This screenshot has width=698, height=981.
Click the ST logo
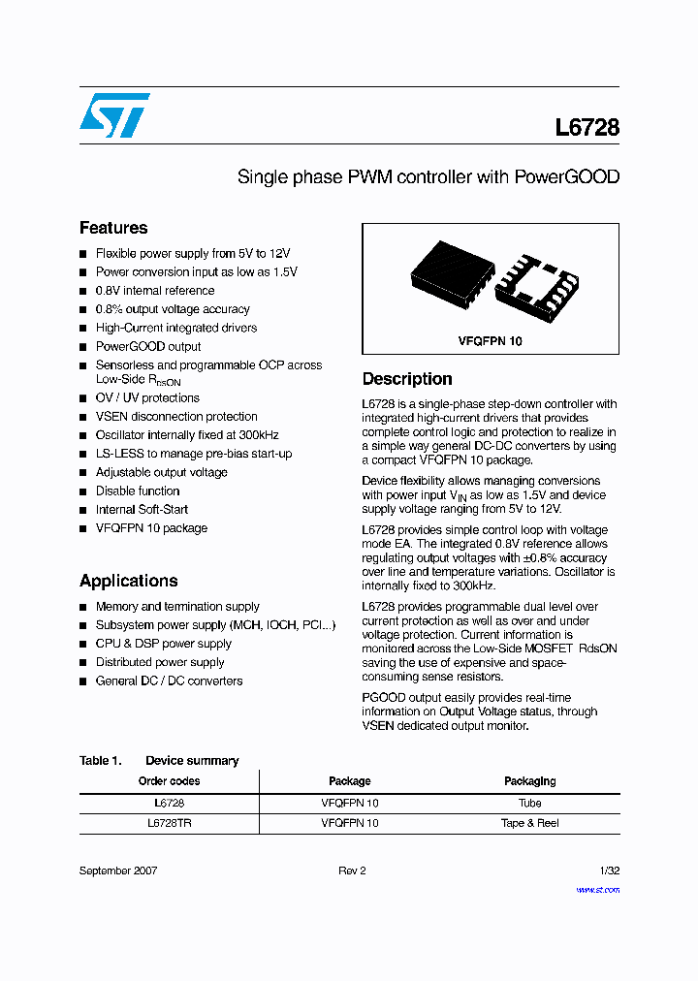114,115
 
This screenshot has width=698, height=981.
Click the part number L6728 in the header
587,128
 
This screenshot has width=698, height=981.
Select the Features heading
113,228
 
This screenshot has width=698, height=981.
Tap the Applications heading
128,581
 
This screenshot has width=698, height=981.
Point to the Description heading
407,379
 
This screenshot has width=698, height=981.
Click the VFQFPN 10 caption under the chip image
490,341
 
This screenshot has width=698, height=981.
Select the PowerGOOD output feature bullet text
148,346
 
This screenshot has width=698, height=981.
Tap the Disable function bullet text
138,490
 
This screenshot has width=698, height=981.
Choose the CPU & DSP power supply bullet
163,644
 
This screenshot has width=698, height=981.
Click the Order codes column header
169,781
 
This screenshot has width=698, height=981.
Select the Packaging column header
529,781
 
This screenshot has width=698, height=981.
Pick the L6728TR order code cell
169,823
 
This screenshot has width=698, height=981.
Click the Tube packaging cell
529,803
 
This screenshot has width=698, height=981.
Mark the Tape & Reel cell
529,823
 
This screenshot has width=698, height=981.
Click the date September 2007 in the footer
118,870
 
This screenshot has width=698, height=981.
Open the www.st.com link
597,890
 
